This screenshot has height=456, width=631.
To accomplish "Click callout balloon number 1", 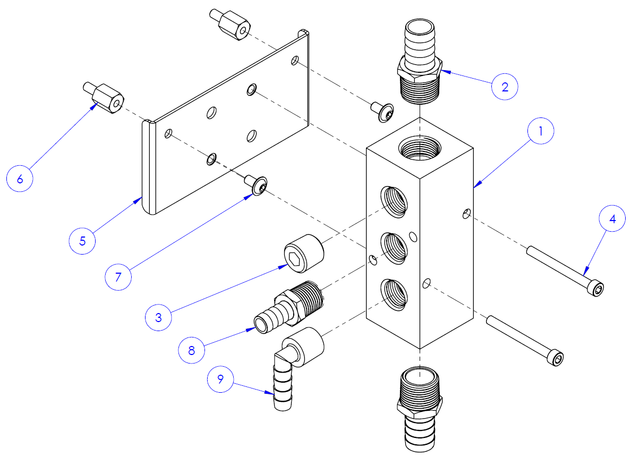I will click(x=541, y=132).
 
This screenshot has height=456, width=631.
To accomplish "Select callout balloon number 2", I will click(x=505, y=87).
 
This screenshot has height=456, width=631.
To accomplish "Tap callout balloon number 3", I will click(x=158, y=317).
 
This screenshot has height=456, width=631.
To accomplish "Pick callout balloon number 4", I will click(x=612, y=219).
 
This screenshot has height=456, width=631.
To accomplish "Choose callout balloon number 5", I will click(x=82, y=241).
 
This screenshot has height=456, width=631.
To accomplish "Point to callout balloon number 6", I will click(x=20, y=179).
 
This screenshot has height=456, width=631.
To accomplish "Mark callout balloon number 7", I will click(x=118, y=276).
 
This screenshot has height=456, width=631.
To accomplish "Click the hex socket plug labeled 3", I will click(x=303, y=252).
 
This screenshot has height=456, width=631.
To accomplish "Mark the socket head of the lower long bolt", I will click(x=556, y=358).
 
